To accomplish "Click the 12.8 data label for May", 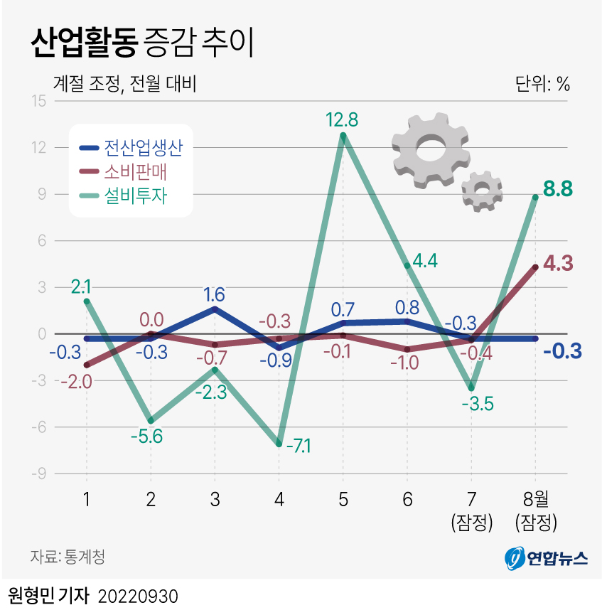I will pyautogui.click(x=342, y=119).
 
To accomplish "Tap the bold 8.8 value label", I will pyautogui.click(x=558, y=189).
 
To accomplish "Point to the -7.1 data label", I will pyautogui.click(x=298, y=446).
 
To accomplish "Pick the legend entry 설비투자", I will pyautogui.click(x=135, y=195).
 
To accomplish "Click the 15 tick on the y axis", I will pyautogui.click(x=38, y=101).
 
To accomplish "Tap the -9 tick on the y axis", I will pyautogui.click(x=38, y=473).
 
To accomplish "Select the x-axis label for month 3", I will pyautogui.click(x=215, y=500).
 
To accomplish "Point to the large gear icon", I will pyautogui.click(x=431, y=149).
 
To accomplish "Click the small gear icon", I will pyautogui.click(x=482, y=190).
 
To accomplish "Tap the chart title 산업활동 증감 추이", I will pyautogui.click(x=141, y=44).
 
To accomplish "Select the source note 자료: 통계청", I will pyautogui.click(x=68, y=556).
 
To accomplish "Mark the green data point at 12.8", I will pyautogui.click(x=343, y=136).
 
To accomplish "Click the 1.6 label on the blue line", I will pyautogui.click(x=215, y=294).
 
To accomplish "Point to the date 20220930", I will pyautogui.click(x=136, y=595).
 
